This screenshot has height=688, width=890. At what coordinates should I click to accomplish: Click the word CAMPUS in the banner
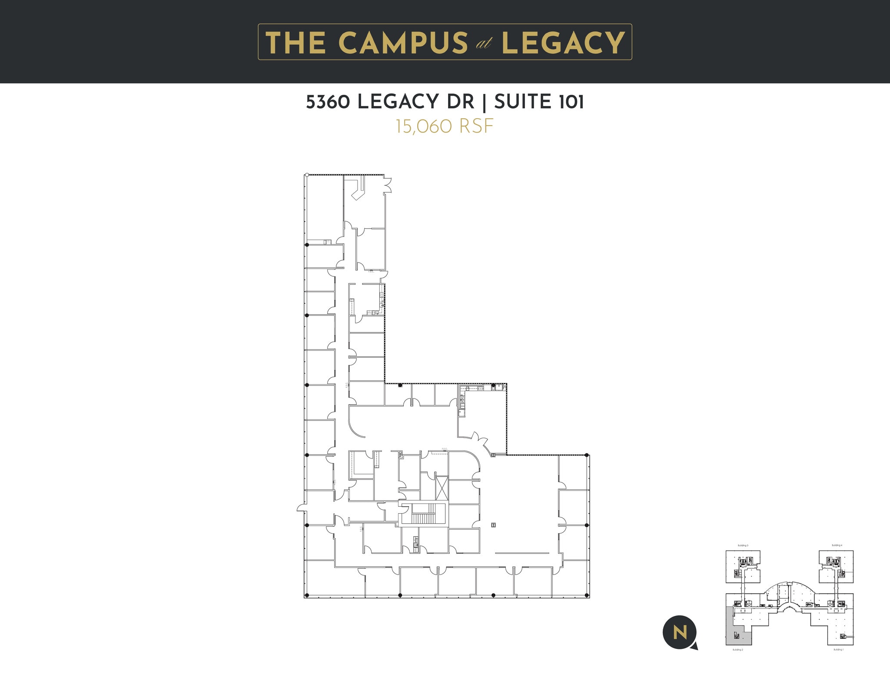point(402,43)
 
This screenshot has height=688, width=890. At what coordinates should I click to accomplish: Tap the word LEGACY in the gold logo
point(563,43)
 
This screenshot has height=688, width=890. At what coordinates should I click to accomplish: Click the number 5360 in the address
point(329,102)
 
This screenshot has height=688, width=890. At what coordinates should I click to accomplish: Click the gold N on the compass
point(680,633)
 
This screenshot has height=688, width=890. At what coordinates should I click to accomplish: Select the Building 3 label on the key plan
point(743,545)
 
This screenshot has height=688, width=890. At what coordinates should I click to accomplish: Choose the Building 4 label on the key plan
point(837,545)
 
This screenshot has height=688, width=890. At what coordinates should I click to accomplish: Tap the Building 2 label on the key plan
point(737,650)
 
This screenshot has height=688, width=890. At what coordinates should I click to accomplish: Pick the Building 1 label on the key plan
point(838,650)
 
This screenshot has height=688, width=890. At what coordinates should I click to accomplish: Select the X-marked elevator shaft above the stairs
point(441,488)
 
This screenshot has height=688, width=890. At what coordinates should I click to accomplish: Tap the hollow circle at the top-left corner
point(307,175)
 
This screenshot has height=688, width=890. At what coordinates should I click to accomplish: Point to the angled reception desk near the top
point(359,190)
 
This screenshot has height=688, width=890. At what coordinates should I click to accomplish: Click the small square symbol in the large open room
point(493,525)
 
